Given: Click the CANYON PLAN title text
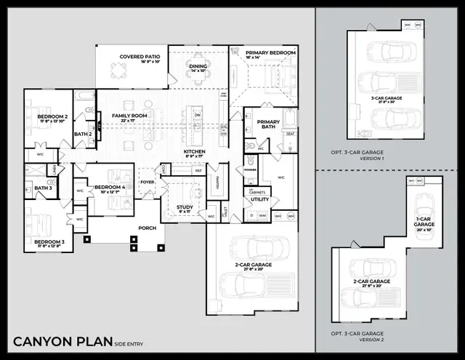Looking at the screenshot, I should [62, 341].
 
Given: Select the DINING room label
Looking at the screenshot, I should [198, 65].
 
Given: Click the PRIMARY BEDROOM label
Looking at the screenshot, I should [270, 53].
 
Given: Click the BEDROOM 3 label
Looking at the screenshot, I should [49, 241].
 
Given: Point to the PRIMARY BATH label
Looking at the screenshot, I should [268, 125].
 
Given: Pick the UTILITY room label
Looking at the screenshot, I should [260, 199].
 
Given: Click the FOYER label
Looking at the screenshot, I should [147, 183].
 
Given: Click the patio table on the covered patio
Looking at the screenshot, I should [118, 71].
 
